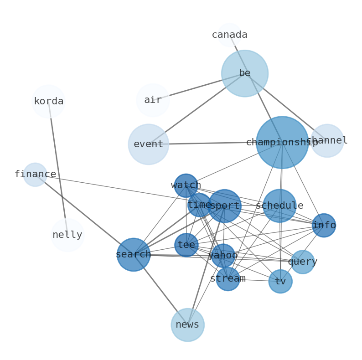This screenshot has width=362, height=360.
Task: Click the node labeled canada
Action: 229,35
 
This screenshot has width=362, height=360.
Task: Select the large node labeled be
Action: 245,73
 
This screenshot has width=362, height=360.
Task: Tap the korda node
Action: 49,101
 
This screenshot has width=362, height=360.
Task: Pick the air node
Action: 153,100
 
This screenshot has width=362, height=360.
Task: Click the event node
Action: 149,144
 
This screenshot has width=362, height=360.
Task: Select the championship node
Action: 282,143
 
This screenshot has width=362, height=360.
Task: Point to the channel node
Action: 327,141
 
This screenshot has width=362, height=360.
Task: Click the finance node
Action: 35,175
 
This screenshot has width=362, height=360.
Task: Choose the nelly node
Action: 67,235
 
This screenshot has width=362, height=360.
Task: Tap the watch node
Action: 186,185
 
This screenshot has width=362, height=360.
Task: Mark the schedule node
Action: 279,206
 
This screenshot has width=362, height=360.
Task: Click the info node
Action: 324,225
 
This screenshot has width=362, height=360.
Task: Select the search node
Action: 133,255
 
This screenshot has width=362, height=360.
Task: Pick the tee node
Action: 186,245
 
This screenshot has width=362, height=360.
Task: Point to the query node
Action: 303,262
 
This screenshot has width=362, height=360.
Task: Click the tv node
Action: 280,282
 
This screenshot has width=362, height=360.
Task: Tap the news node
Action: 187,325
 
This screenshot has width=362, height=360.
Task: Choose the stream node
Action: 228,279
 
